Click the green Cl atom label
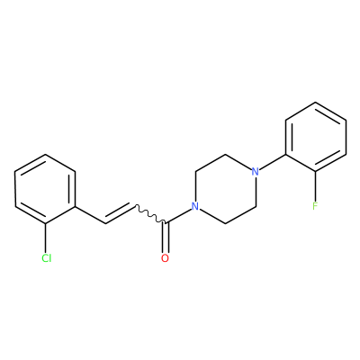(47, 258)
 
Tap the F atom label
(315, 206)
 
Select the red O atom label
(165, 258)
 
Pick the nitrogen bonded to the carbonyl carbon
(195, 206)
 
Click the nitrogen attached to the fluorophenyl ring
(255, 172)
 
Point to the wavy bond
(150, 214)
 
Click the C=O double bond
(165, 238)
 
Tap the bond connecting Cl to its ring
(46, 238)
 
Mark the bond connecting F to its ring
(315, 186)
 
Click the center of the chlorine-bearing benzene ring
(45, 189)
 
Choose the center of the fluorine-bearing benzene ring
(316, 137)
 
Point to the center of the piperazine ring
(225, 189)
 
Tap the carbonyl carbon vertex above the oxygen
(166, 223)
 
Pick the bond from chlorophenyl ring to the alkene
(90, 215)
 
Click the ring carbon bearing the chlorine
(46, 224)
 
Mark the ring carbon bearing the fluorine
(315, 172)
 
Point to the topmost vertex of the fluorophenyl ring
(316, 103)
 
